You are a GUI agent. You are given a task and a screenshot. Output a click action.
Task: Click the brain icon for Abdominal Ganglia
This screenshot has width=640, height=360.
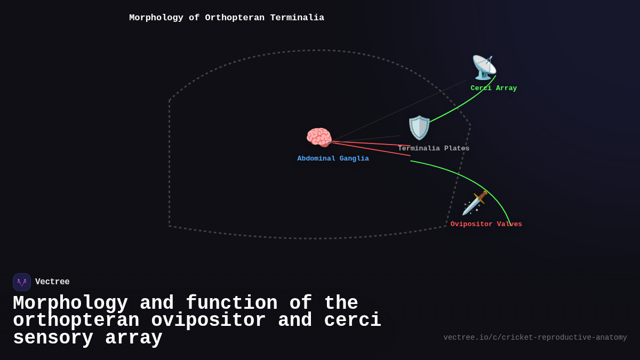tap(319, 137)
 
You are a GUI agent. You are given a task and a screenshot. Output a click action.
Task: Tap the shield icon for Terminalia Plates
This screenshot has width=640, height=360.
tap(419, 127)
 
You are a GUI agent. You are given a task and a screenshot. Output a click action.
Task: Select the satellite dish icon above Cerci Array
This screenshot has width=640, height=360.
tap(484, 68)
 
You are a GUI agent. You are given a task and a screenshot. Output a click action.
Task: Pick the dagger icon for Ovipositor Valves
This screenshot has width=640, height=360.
tap(475, 203)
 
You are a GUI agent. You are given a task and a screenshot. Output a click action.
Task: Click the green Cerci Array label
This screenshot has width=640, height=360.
tap(493, 89)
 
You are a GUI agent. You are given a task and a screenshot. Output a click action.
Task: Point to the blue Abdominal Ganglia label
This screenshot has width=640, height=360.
tap(333, 159)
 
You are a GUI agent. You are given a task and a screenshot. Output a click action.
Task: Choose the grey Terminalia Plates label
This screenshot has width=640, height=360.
tap(434, 149)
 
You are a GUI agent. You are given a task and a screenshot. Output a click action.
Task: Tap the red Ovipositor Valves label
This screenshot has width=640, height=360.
tap(486, 225)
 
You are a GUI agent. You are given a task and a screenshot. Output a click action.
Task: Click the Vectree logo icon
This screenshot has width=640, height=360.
tap(22, 282)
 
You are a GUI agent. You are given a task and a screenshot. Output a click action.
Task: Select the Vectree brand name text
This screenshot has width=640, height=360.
tap(52, 282)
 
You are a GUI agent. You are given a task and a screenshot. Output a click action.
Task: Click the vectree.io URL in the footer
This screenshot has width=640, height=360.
tap(535, 338)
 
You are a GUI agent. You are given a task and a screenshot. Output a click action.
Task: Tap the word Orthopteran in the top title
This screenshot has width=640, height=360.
tap(235, 18)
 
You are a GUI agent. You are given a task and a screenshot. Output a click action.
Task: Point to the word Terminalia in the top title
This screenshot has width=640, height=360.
tap(297, 18)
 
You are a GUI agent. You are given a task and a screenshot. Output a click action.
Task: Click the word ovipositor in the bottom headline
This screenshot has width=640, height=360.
tap(209, 321)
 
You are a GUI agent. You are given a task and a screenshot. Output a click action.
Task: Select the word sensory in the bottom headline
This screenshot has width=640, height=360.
tap(53, 338)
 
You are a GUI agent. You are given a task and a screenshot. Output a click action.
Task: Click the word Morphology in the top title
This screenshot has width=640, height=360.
tap(156, 18)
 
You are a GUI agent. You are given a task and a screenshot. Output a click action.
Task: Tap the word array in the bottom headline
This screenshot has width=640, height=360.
tap(134, 338)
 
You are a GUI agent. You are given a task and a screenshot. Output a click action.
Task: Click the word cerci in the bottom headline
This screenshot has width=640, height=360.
tap(353, 321)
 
